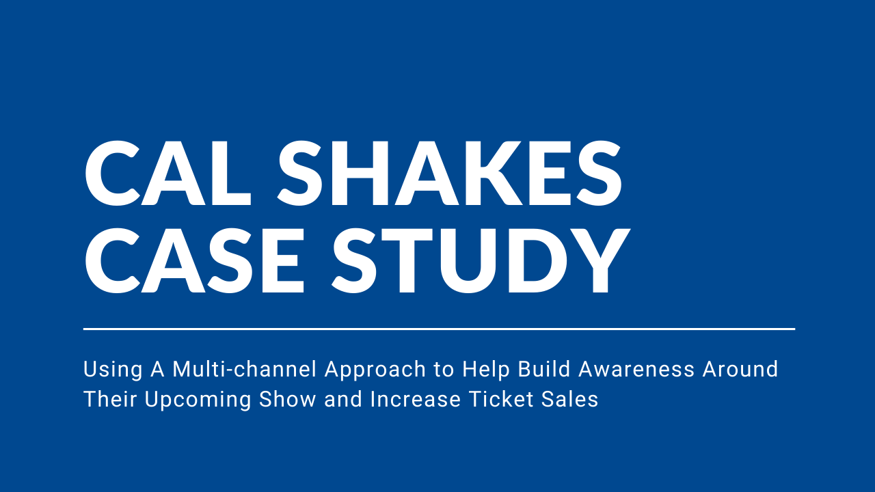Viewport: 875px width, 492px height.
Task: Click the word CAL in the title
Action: pyautogui.click(x=168, y=173)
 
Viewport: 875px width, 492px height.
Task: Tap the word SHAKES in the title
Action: pyautogui.click(x=450, y=173)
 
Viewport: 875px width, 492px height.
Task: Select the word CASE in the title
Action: pyautogui.click(x=194, y=260)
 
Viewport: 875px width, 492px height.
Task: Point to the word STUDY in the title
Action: pyautogui.click(x=481, y=260)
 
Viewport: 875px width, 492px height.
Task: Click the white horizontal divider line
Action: pyautogui.click(x=439, y=329)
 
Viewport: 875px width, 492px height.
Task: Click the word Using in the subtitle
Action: pyautogui.click(x=113, y=370)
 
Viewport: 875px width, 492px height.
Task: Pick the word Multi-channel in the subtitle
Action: pyautogui.click(x=244, y=369)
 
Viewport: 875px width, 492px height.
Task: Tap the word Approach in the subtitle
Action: pyautogui.click(x=375, y=370)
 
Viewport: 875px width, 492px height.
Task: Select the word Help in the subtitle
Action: pyautogui.click(x=486, y=370)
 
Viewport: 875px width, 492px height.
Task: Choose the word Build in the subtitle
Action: pyautogui.click(x=544, y=369)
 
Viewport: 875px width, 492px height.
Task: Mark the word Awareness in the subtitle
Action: pyautogui.click(x=636, y=370)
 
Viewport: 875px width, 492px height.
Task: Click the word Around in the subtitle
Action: pyautogui.click(x=740, y=369)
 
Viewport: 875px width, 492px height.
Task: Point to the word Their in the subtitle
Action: pyautogui.click(x=110, y=399)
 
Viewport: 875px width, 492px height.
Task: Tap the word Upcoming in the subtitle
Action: pyautogui.click(x=198, y=400)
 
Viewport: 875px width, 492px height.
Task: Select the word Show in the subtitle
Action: pyautogui.click(x=288, y=399)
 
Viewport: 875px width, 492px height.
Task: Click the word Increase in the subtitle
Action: pyautogui.click(x=416, y=399)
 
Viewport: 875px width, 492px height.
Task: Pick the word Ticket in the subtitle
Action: pyautogui.click(x=501, y=399)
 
